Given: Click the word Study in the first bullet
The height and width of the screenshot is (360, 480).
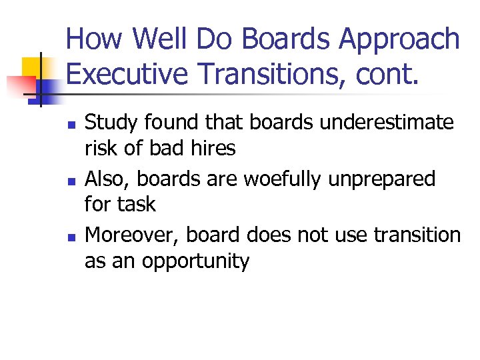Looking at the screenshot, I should pos(109,123).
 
